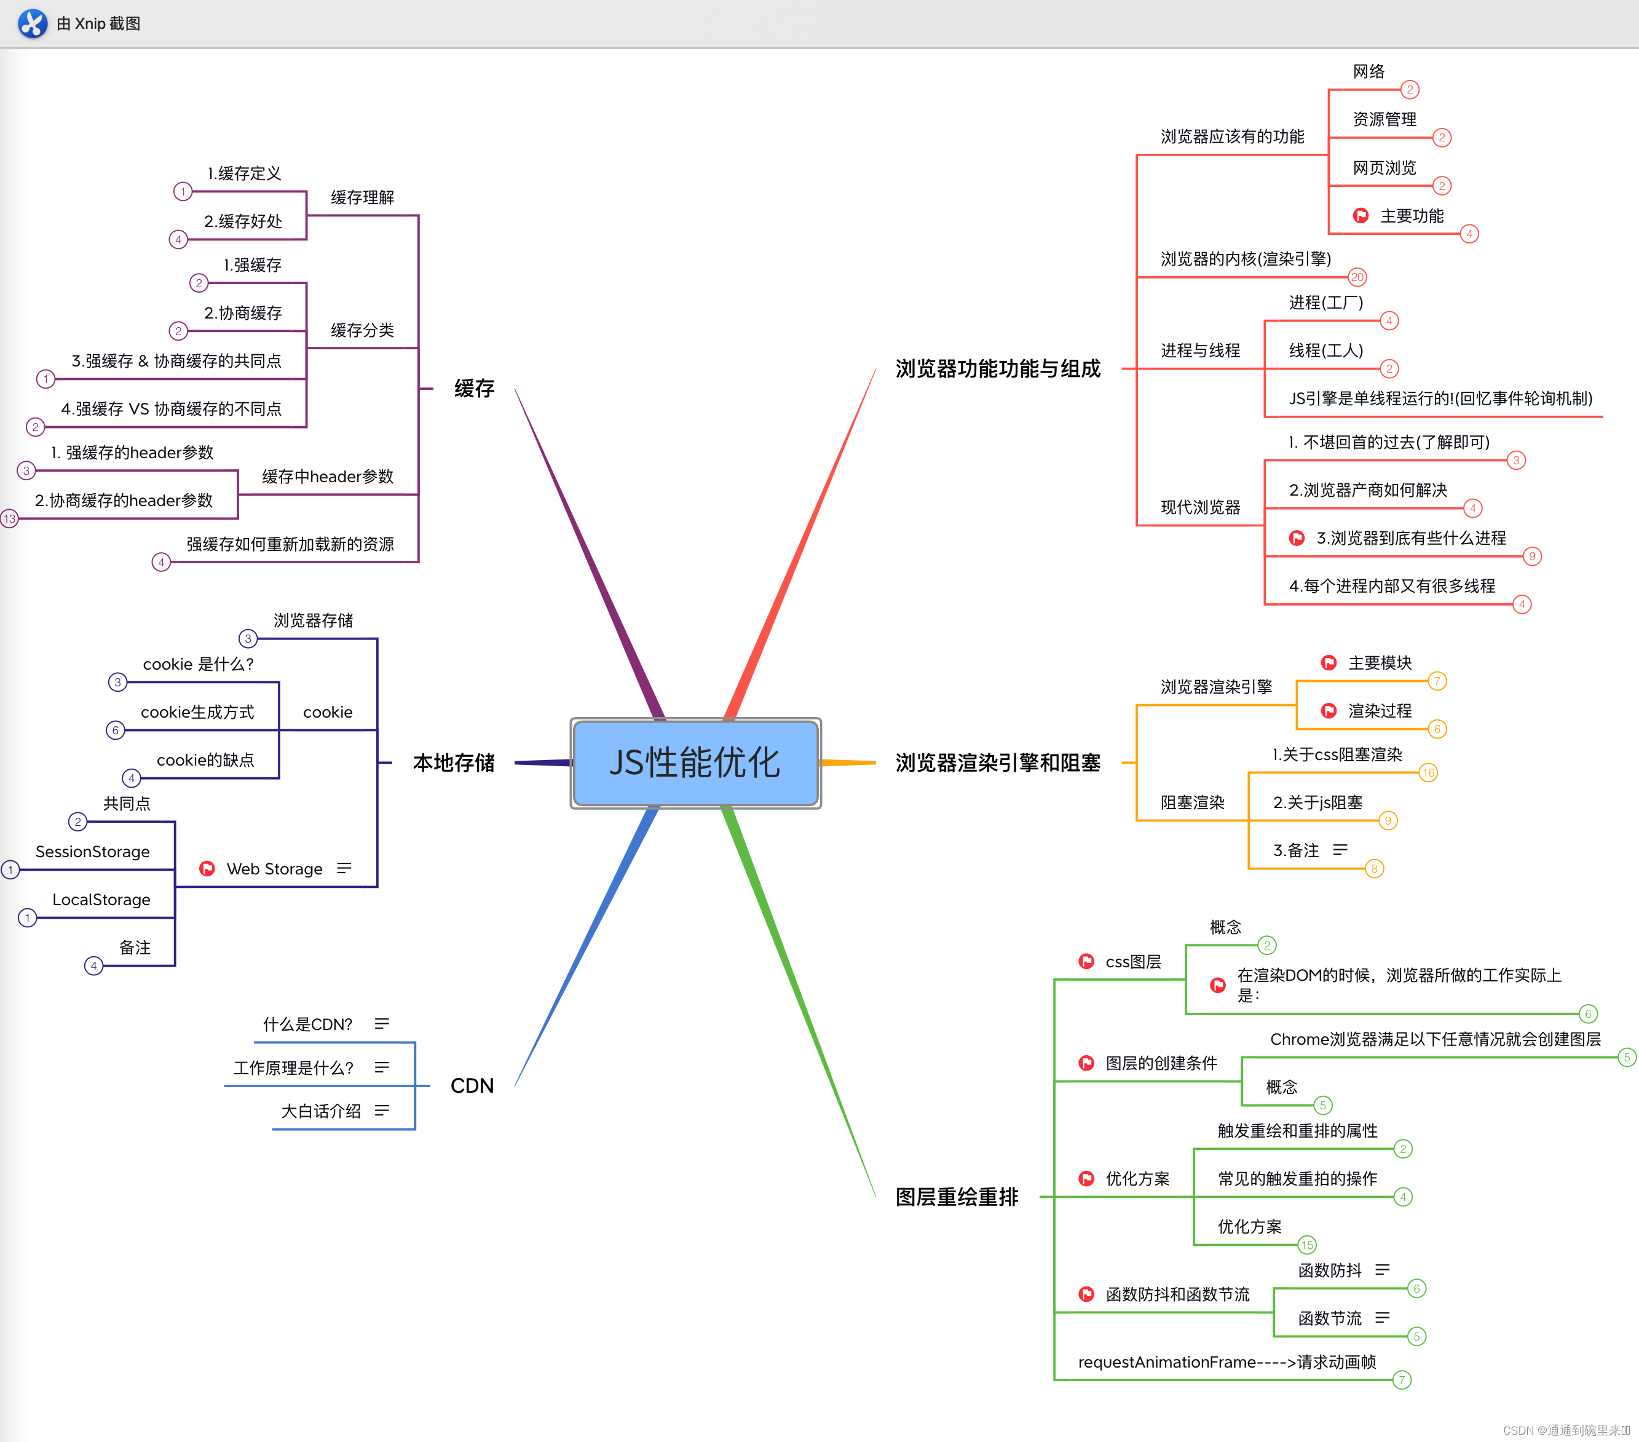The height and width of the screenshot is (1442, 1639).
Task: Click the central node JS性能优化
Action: (695, 763)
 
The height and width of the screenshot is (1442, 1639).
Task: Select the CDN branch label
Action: (472, 1086)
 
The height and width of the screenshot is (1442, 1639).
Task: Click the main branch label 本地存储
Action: (454, 763)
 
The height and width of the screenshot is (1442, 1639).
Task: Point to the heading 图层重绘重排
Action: (957, 1197)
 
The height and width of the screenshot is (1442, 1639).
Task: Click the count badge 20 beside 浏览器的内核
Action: (1357, 277)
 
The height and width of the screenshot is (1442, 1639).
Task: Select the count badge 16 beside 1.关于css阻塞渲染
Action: (1428, 773)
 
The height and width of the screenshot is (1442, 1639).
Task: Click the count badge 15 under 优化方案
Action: (1307, 1245)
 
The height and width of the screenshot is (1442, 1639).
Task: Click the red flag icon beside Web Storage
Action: (207, 868)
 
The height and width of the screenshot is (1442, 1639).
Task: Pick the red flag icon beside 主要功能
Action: (1361, 216)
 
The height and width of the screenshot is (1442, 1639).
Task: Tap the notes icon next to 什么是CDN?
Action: (382, 1024)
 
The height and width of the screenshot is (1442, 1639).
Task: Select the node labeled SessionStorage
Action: (93, 852)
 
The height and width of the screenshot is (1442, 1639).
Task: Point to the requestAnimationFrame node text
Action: (1227, 1362)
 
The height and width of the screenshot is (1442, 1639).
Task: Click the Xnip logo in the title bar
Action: (32, 23)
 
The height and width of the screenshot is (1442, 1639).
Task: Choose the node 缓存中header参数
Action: (327, 477)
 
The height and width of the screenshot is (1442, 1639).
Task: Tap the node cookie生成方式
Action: (197, 712)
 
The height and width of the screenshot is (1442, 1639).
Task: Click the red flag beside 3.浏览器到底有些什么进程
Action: (1297, 538)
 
